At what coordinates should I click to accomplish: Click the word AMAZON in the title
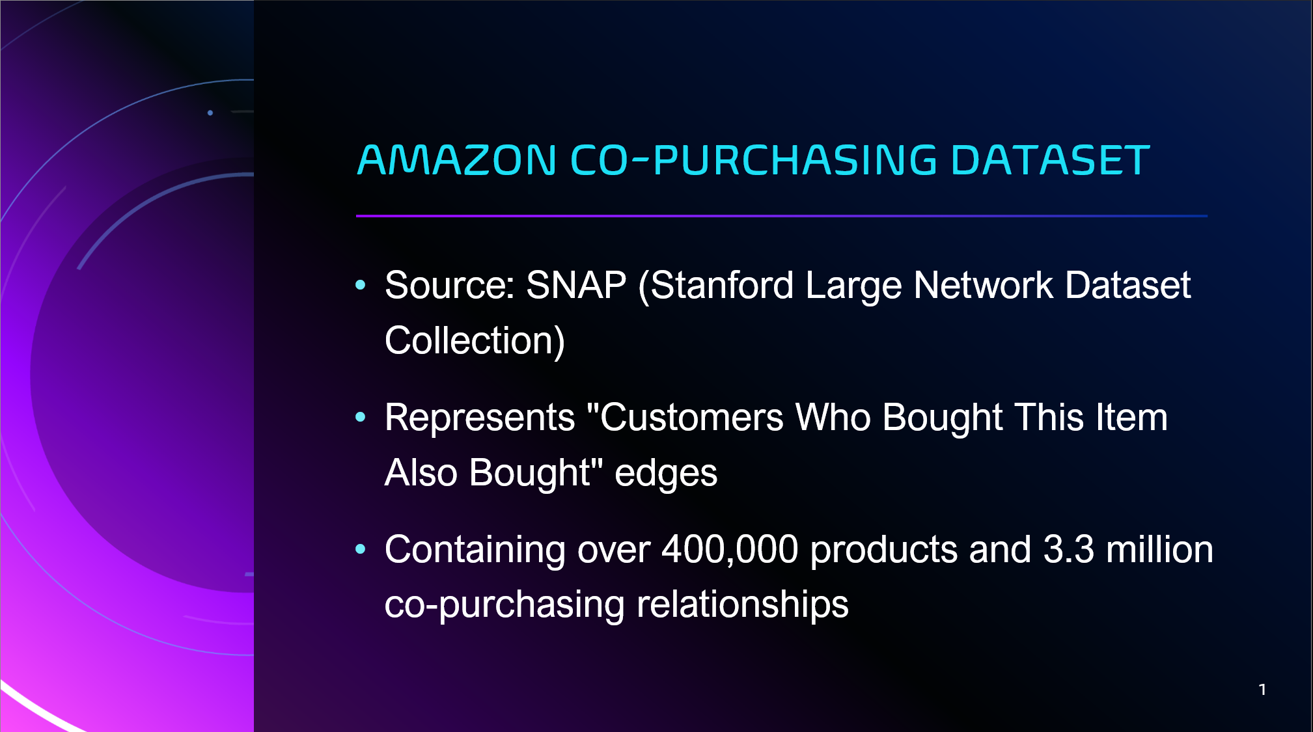pyautogui.click(x=457, y=160)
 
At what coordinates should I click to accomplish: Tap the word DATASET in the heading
pyautogui.click(x=1050, y=160)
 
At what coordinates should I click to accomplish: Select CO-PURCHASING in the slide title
pyautogui.click(x=754, y=160)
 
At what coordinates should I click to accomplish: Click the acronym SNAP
pyautogui.click(x=576, y=285)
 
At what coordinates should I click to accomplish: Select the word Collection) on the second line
pyautogui.click(x=475, y=341)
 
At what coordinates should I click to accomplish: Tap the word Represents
pyautogui.click(x=480, y=418)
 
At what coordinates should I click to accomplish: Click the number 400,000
pyautogui.click(x=730, y=550)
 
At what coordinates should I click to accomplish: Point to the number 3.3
pyautogui.click(x=1069, y=550)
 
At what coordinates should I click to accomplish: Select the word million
pyautogui.click(x=1159, y=550)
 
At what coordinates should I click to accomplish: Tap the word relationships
pyautogui.click(x=743, y=605)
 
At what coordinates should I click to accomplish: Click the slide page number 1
pyautogui.click(x=1262, y=690)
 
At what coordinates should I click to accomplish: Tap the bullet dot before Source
pyautogui.click(x=361, y=284)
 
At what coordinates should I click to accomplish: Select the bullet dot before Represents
pyautogui.click(x=361, y=417)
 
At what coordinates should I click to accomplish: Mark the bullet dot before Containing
pyautogui.click(x=361, y=549)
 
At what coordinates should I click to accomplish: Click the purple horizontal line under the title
pyautogui.click(x=782, y=215)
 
